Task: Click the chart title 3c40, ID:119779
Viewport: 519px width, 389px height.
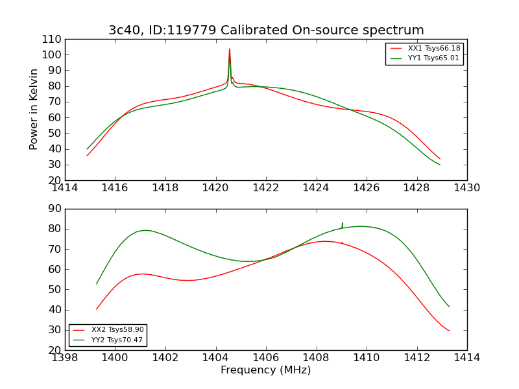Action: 266,30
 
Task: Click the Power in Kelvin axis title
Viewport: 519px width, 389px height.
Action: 34,109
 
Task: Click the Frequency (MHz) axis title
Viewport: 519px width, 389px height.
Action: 266,370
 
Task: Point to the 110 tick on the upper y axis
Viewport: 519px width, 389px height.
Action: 53,40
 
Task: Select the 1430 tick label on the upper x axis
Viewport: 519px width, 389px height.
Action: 466,188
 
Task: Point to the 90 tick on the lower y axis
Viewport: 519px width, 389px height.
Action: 55,209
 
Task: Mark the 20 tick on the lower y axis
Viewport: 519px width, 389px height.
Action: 55,350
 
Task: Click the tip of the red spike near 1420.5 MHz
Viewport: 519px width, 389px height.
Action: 229,49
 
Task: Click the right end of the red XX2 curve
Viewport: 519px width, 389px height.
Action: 449,331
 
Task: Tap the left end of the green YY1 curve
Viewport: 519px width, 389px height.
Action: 88,149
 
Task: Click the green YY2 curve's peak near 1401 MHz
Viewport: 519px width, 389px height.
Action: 145,230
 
